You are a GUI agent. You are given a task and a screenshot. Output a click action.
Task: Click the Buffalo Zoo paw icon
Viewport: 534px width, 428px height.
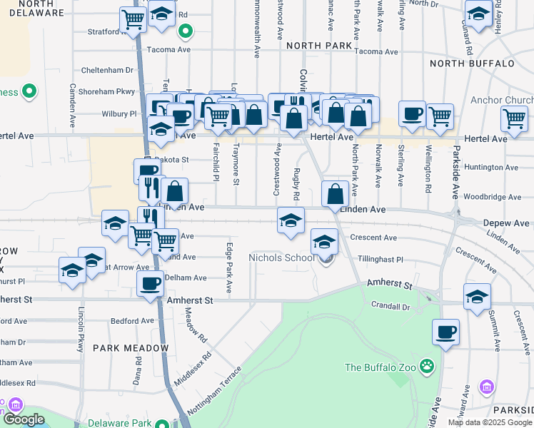click(427, 367)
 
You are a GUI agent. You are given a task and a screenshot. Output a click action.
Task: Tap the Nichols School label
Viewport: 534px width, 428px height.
click(281, 258)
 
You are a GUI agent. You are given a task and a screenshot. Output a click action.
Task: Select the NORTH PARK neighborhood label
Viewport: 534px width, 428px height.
click(319, 46)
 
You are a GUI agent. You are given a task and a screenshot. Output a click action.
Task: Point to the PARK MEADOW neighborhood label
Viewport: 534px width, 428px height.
click(130, 348)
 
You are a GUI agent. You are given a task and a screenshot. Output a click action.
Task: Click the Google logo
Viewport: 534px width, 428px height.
click(24, 419)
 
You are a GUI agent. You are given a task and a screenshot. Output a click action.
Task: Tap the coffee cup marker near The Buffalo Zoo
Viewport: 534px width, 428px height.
click(445, 332)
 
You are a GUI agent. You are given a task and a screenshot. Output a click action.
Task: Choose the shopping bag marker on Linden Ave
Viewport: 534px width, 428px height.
click(335, 193)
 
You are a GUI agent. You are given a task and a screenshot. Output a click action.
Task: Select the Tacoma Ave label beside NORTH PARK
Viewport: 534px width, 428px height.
click(376, 51)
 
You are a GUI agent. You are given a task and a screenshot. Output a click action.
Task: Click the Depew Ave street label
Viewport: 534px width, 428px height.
click(505, 223)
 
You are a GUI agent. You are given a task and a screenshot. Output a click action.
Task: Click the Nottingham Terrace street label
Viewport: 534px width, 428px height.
click(215, 392)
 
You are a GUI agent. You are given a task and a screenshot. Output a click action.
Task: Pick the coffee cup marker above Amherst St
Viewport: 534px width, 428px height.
click(151, 283)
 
